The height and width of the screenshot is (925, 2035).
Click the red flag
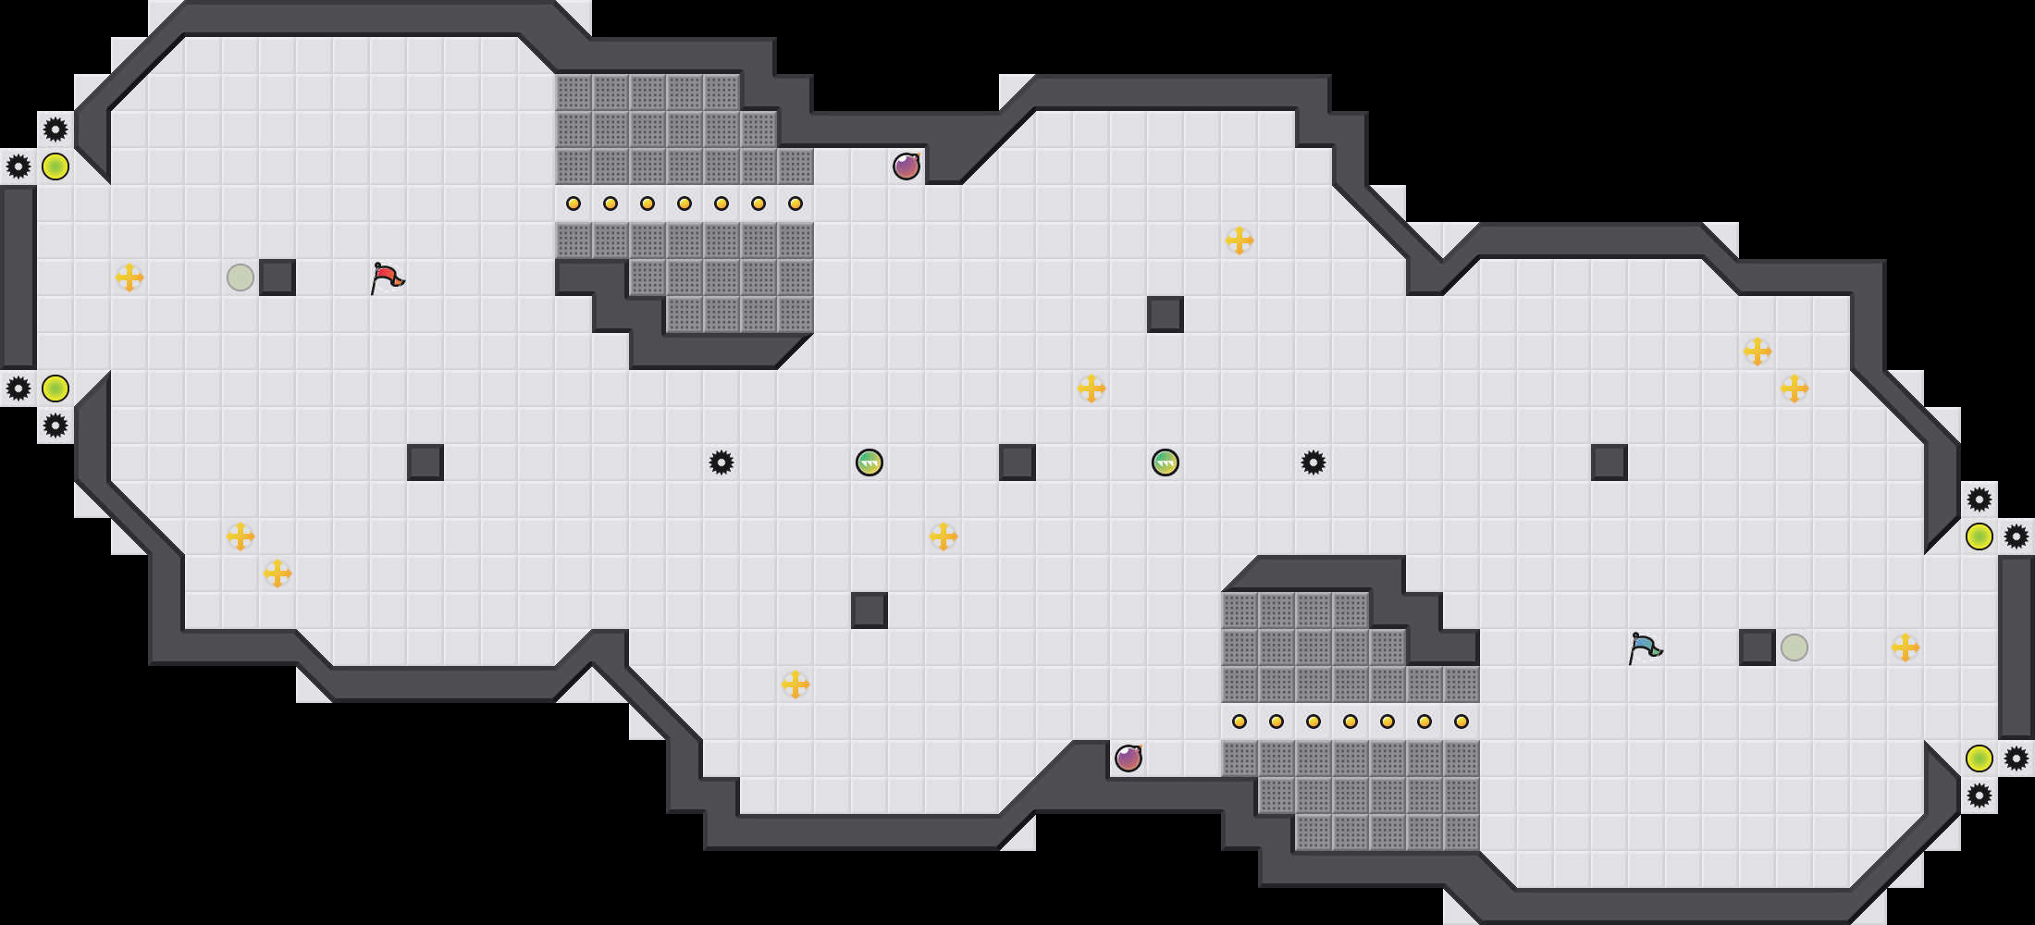click(x=387, y=277)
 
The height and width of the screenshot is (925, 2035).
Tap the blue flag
click(x=1645, y=647)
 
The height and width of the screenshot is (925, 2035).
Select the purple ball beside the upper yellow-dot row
click(x=906, y=166)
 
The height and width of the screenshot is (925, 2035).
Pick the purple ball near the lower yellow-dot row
click(x=1128, y=758)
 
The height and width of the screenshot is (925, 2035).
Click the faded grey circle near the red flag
click(x=240, y=277)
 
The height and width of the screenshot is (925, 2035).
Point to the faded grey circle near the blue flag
click(x=1794, y=647)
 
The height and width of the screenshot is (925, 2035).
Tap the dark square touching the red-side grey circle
click(x=277, y=277)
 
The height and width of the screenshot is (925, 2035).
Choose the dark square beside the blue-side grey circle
click(x=1757, y=647)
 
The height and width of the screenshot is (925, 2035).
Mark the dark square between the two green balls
click(x=1017, y=462)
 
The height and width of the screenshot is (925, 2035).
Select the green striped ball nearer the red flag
click(x=869, y=462)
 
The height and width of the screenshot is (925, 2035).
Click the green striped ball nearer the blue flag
click(x=1165, y=462)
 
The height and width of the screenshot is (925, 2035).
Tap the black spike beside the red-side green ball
click(x=721, y=462)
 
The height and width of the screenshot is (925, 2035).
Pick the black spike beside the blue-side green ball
click(x=1313, y=462)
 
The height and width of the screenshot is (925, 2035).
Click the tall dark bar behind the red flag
click(x=18, y=277)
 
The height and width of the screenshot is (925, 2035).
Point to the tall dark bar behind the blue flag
click(x=2016, y=647)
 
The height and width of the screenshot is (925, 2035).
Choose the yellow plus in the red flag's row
click(x=129, y=277)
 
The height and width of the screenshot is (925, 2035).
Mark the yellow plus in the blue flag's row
click(x=1905, y=647)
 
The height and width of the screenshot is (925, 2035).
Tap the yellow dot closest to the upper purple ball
click(x=795, y=203)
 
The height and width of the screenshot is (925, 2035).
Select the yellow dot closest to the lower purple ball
click(x=1239, y=721)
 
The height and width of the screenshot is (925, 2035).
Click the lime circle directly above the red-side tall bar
click(x=55, y=166)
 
